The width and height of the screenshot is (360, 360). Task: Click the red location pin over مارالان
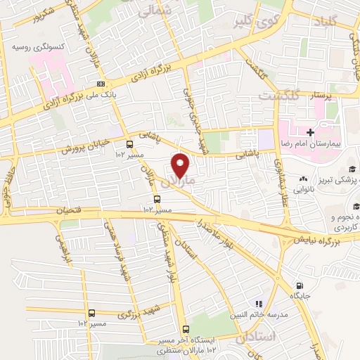tap(181, 165)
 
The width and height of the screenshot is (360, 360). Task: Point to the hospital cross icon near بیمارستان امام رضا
tap(310, 132)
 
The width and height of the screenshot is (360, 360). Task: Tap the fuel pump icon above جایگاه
tap(301, 285)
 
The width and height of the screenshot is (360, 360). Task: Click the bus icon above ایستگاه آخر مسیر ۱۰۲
tap(186, 330)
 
